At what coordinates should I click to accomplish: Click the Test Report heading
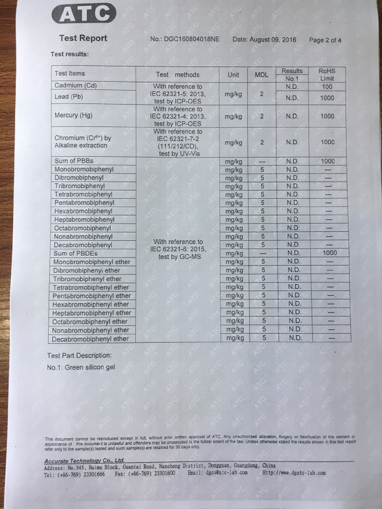(x=83, y=38)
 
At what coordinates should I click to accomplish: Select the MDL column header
(x=262, y=74)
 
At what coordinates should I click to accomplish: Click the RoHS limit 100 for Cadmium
(x=327, y=86)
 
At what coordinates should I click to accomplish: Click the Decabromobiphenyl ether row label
(x=91, y=339)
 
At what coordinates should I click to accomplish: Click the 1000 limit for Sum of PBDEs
(x=329, y=253)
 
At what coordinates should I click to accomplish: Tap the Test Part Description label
(x=80, y=354)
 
